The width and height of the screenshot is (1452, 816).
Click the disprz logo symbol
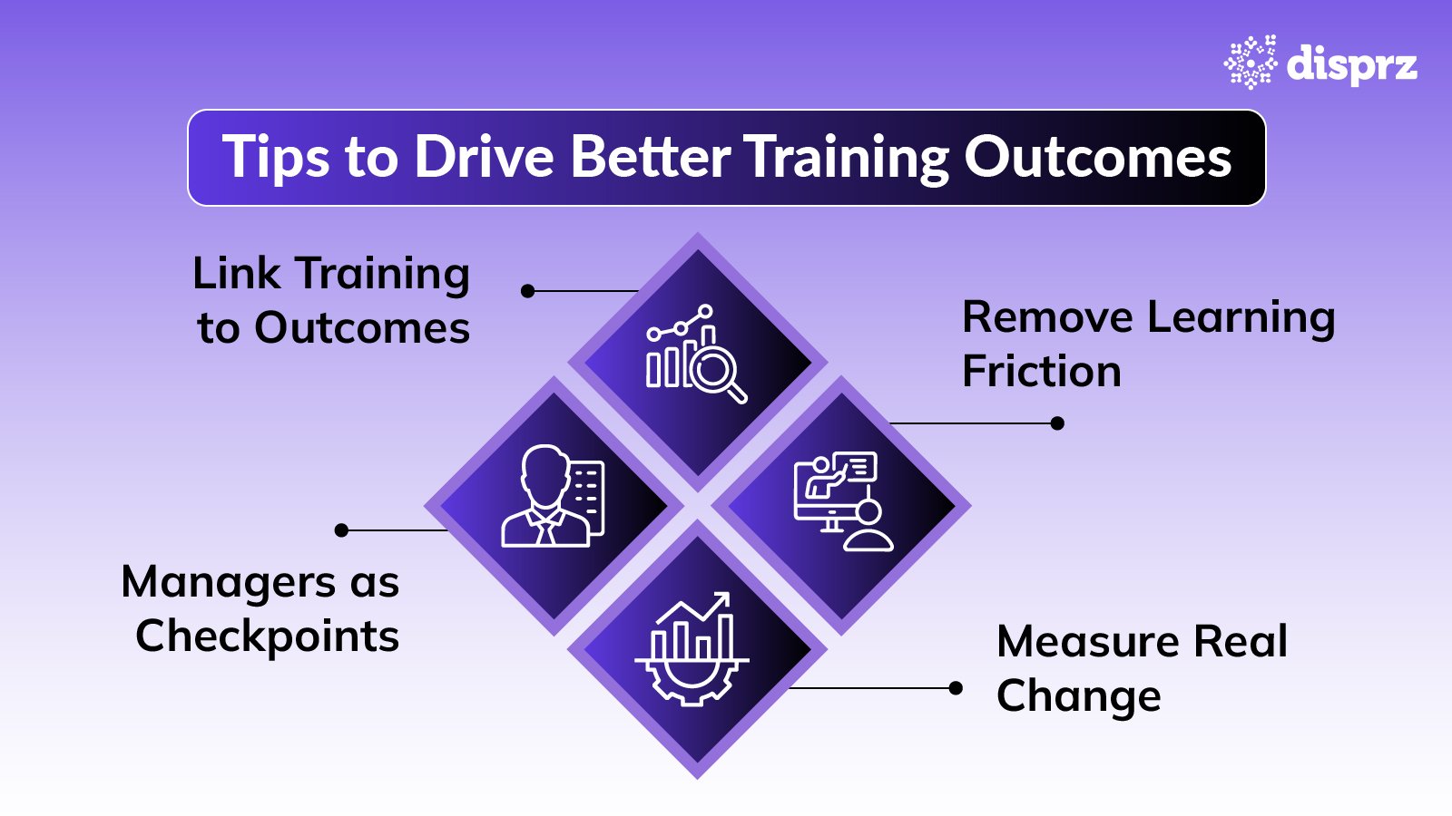(1250, 63)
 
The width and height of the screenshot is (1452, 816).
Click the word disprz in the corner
(1351, 63)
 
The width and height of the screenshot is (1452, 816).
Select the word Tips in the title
(276, 158)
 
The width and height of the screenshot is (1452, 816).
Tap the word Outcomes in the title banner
(1097, 157)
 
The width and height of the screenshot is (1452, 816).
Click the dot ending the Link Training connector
(528, 291)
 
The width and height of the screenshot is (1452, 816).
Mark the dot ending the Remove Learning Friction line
(1057, 423)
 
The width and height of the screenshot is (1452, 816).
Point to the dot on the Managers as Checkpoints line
(341, 530)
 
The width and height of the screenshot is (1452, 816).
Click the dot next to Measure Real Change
(956, 688)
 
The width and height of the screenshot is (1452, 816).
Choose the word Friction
(1041, 372)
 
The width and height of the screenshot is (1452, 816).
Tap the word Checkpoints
(267, 636)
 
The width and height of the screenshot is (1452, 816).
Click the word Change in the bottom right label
(1078, 696)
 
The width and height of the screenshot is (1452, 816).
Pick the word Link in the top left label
(236, 274)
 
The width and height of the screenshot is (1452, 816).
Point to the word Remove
(1047, 317)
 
